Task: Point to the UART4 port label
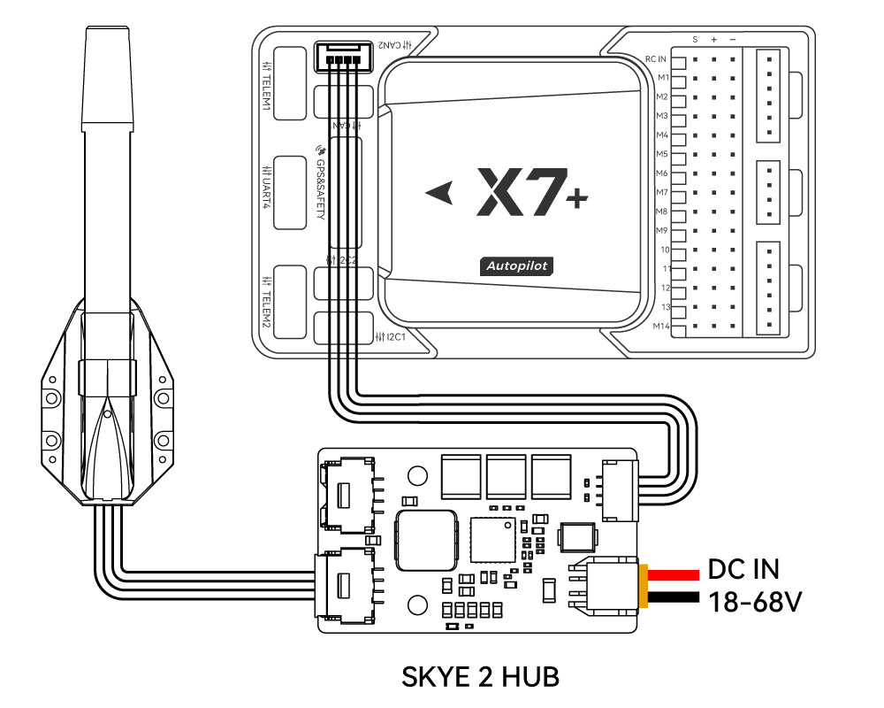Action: [266, 187]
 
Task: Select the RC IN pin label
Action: [655, 59]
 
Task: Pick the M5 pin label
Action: [661, 154]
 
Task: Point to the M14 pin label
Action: [660, 327]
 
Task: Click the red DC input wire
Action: [675, 571]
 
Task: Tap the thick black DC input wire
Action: [675, 601]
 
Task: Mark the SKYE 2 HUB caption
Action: [480, 677]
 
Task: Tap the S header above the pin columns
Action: [695, 40]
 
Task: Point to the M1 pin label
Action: [661, 78]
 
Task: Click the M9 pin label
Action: [661, 231]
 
